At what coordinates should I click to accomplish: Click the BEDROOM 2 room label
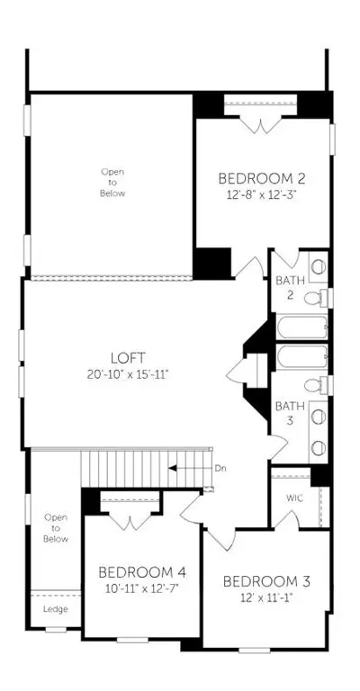262,178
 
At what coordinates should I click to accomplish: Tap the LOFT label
128,357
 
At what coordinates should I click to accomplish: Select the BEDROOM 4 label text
142,572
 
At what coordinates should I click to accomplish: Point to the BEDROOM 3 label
266,581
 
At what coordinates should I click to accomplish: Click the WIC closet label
294,498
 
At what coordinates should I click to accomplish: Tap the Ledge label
56,609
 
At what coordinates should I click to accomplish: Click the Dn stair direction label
220,469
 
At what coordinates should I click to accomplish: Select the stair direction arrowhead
173,468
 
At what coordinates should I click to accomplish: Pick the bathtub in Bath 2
302,327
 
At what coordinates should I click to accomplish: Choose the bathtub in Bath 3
302,357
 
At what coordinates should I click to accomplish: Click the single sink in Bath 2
318,266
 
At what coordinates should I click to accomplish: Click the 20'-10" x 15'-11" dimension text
128,374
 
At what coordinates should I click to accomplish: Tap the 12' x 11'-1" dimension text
265,597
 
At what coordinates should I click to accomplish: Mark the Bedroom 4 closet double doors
130,520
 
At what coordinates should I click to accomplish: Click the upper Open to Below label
112,182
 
